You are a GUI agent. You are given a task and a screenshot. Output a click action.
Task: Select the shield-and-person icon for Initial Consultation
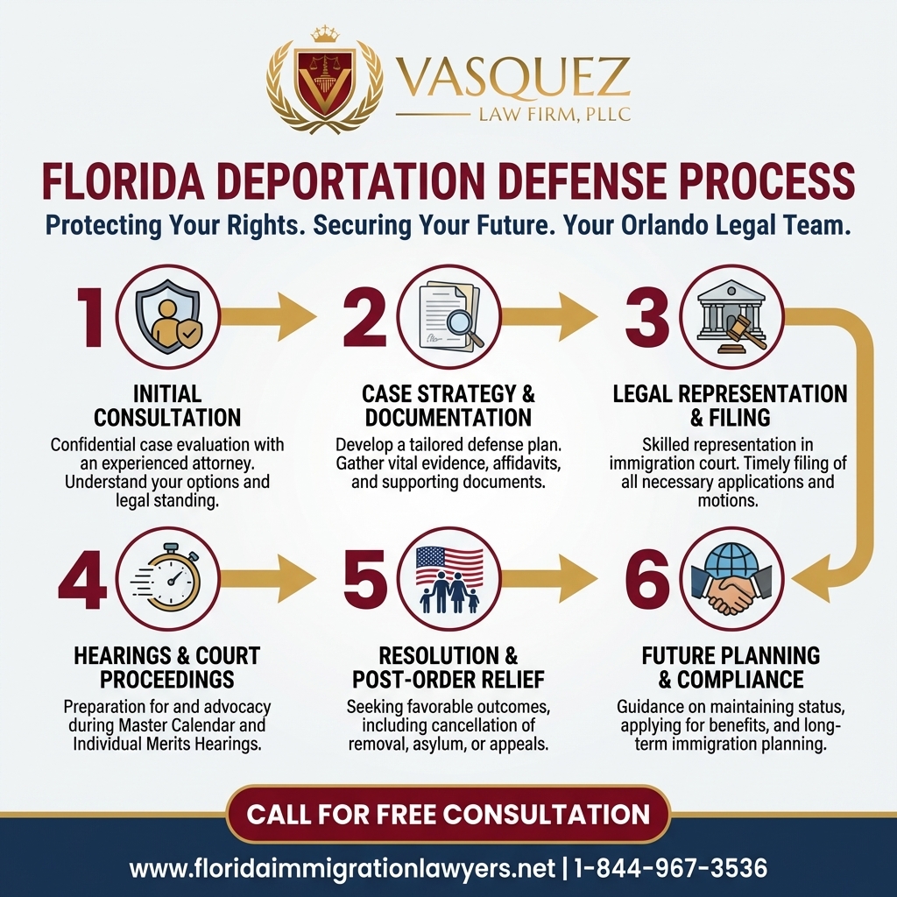tap(168, 317)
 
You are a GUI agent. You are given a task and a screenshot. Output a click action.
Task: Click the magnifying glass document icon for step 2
tap(448, 317)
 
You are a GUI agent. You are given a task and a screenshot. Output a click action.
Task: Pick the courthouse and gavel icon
tap(731, 317)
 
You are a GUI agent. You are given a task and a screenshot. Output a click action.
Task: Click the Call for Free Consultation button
tap(448, 814)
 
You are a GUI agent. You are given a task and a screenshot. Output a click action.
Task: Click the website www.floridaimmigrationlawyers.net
tap(343, 869)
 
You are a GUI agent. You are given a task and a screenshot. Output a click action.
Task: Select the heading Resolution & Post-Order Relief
tap(448, 667)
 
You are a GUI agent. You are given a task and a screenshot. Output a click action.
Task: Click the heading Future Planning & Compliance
tap(731, 667)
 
